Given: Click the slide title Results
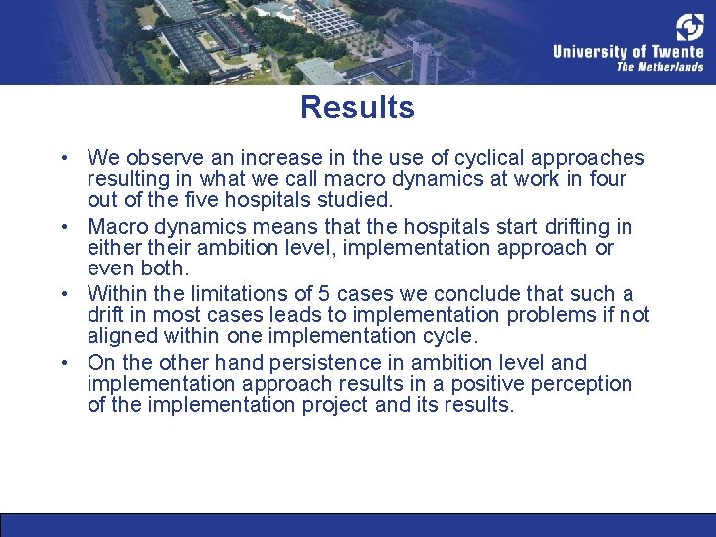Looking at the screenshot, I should (357, 107).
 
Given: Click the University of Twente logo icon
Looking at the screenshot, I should (689, 27).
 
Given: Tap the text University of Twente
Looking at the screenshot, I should (627, 52).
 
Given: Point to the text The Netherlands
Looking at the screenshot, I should (659, 68).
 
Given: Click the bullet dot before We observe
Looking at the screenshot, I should (63, 158).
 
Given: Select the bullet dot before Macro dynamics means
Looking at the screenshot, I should (63, 227).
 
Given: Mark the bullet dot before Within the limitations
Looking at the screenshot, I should (63, 295).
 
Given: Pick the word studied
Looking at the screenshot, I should (355, 201).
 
